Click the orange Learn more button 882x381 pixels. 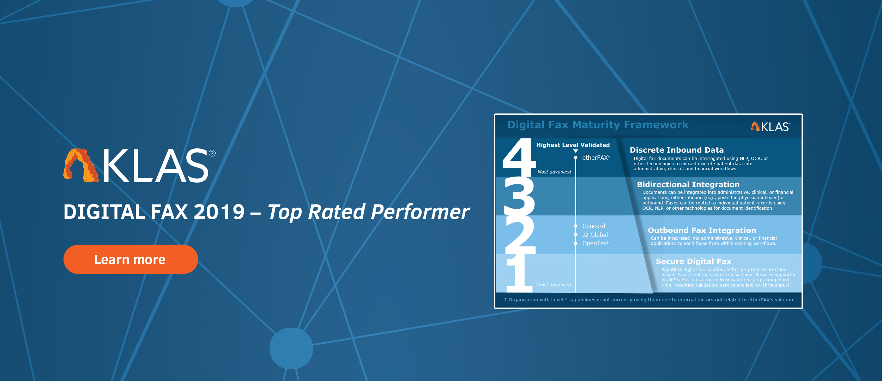(131, 259)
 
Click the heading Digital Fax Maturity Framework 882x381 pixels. (598, 125)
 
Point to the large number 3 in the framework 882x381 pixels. (520, 196)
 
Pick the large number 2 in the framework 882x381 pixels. (520, 234)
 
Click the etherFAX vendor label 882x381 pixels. (596, 158)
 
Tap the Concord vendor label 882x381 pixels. (594, 226)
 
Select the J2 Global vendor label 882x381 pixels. (595, 235)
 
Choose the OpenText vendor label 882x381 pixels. (596, 243)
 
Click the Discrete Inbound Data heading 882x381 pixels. (677, 150)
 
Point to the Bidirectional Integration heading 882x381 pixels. (688, 185)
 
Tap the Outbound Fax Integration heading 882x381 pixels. (702, 231)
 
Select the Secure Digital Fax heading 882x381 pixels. (694, 262)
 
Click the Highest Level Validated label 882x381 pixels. (573, 145)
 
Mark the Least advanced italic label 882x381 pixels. (554, 285)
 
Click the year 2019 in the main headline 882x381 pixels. (219, 212)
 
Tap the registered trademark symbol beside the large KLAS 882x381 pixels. (212, 153)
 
